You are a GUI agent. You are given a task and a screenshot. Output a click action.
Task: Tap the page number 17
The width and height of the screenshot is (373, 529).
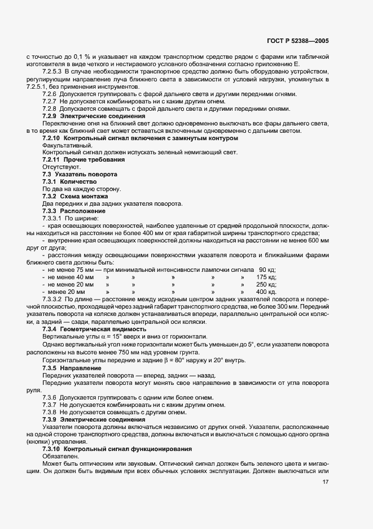coord(325,482)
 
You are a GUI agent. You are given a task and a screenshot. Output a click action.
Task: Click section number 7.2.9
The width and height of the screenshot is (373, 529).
coord(51,116)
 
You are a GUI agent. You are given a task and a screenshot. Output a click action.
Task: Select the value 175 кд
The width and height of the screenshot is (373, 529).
coord(266,277)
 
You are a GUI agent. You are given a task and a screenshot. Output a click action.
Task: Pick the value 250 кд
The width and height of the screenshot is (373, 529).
coord(266,284)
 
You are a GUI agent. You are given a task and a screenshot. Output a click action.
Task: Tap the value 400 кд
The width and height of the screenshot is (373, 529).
coord(266,292)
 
